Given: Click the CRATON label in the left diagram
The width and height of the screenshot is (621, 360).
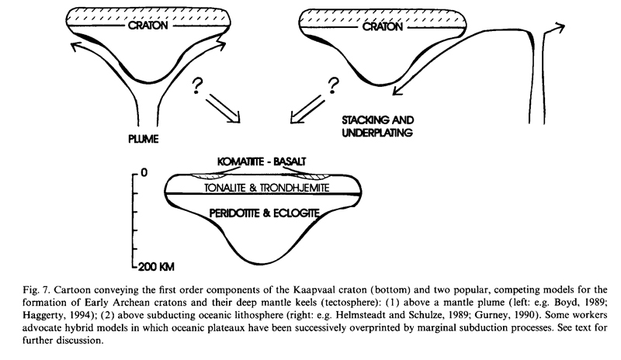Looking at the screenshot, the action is pyautogui.click(x=148, y=26).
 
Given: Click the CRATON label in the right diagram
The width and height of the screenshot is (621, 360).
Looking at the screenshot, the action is pyautogui.click(x=382, y=26).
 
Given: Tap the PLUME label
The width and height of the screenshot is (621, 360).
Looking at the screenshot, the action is pyautogui.click(x=144, y=139).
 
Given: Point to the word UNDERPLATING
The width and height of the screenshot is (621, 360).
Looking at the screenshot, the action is pyautogui.click(x=377, y=133).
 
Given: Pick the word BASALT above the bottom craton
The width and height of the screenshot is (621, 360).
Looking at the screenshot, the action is pyautogui.click(x=290, y=161).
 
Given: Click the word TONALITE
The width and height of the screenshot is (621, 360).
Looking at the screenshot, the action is pyautogui.click(x=225, y=188).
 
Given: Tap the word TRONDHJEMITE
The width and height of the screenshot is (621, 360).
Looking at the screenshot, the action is pyautogui.click(x=295, y=188).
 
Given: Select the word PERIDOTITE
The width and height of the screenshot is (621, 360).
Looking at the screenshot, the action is pyautogui.click(x=234, y=213).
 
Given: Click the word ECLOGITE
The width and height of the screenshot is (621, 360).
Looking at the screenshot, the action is pyautogui.click(x=297, y=213).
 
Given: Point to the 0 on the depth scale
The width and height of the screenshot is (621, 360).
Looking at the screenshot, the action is pyautogui.click(x=144, y=173).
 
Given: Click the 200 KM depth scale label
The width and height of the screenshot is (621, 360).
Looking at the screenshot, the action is pyautogui.click(x=156, y=267).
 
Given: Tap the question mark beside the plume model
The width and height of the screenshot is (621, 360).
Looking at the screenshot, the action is pyautogui.click(x=197, y=86).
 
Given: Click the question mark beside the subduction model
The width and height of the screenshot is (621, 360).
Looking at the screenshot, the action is pyautogui.click(x=334, y=86).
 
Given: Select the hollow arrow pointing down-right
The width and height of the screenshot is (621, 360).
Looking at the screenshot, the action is pyautogui.click(x=223, y=108).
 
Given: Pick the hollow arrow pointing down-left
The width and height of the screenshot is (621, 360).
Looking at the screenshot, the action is pyautogui.click(x=308, y=109).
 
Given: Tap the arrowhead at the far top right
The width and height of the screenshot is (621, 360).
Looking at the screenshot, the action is pyautogui.click(x=559, y=28).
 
